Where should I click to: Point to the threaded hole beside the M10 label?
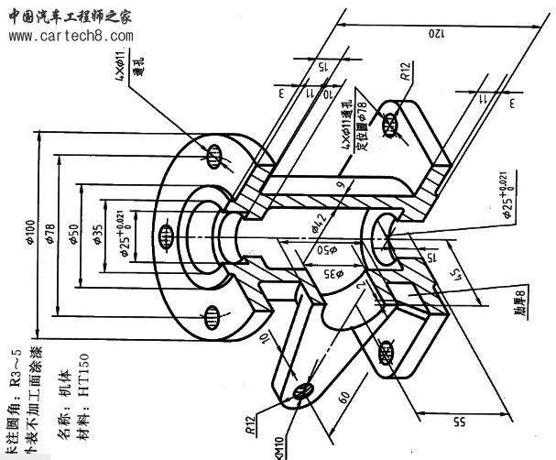click(x=303, y=391)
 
